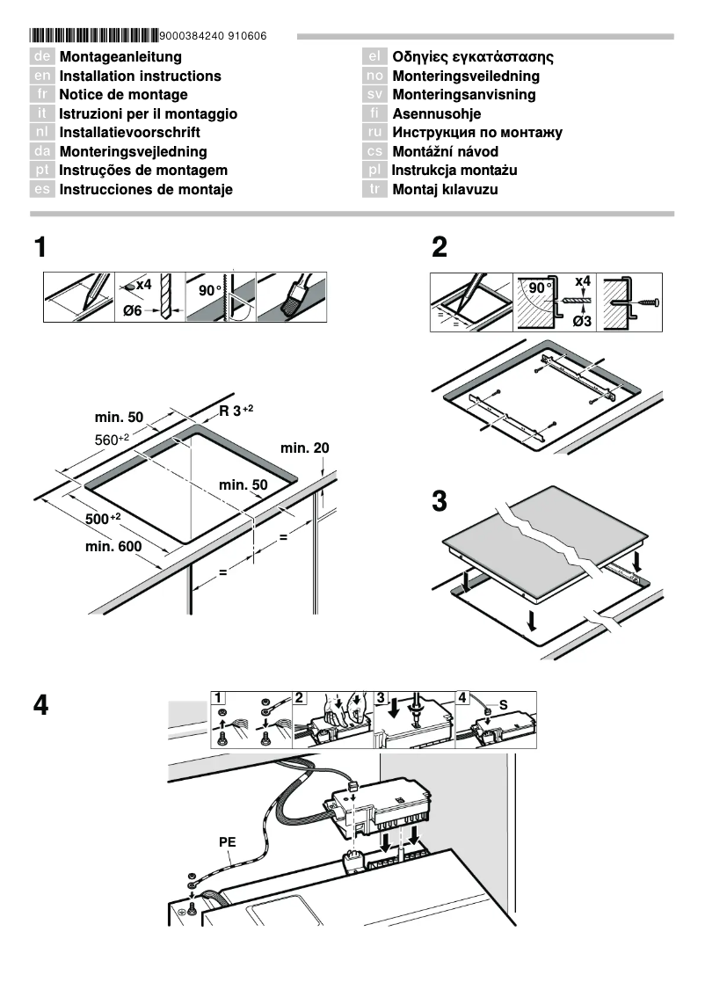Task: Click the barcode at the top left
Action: [x=94, y=36]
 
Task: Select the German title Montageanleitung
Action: [x=120, y=57]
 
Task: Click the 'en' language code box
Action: [x=42, y=76]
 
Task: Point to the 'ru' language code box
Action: [x=374, y=133]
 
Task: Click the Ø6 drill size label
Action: [x=132, y=311]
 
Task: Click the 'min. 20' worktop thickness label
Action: [x=305, y=448]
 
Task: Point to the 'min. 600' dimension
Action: [x=113, y=548]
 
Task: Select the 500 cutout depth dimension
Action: [x=102, y=519]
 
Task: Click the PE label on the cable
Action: [x=228, y=841]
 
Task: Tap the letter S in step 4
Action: [x=504, y=705]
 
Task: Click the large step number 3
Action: [x=440, y=502]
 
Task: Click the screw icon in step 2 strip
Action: [x=648, y=302]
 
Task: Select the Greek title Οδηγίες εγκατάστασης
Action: [x=472, y=57]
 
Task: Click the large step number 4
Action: [x=40, y=705]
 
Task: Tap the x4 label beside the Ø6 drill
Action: [x=142, y=285]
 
